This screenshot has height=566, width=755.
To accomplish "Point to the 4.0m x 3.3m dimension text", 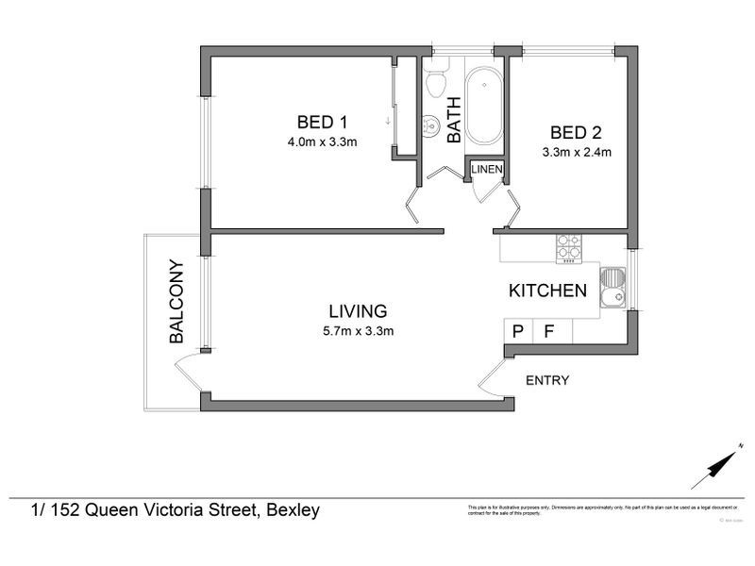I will coord(323,142).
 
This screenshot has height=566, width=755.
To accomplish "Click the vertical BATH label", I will coord(454,120).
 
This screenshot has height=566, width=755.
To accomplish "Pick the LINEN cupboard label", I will coord(487,170).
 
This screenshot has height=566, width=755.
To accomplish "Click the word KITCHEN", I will coord(548,291).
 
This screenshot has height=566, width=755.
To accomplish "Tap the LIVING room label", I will coord(358,310).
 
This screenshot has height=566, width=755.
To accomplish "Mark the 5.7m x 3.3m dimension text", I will coord(358,330).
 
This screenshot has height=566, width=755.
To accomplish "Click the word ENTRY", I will coord(547,381).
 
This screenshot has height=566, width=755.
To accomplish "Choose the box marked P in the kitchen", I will coord(517,331).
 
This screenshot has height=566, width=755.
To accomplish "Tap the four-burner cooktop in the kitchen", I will coord(568,247).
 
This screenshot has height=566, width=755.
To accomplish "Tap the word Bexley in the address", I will coord(294,510).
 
